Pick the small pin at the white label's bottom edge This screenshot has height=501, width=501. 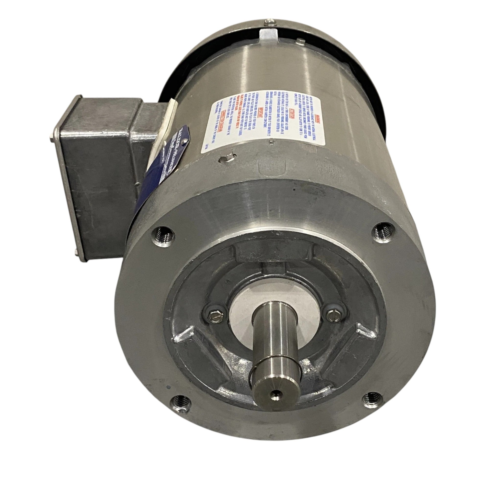pyautogui.click(x=270, y=141)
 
